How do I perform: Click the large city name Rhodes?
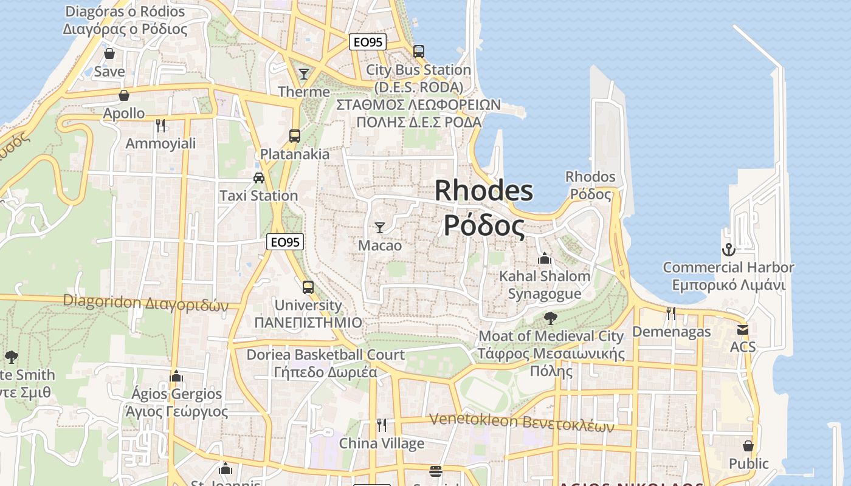tap(484, 191)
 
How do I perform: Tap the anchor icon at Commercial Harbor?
tap(728, 249)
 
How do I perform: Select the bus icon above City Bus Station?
tap(418, 51)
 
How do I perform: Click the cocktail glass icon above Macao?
tap(380, 228)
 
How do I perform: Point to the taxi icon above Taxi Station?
tap(259, 178)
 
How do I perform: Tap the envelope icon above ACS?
tap(743, 329)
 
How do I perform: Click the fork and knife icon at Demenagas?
tap(671, 313)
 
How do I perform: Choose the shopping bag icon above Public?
tap(748, 446)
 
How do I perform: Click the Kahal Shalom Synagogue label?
tap(544, 285)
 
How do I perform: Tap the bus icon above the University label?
tap(308, 287)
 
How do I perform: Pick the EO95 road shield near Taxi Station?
tap(285, 242)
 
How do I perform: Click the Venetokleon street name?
tap(522, 422)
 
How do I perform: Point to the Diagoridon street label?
tap(145, 302)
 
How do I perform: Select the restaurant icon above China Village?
tap(382, 425)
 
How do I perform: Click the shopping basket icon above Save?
tap(109, 53)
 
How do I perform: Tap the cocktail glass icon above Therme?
tap(304, 74)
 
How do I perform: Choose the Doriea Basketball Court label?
tap(325, 363)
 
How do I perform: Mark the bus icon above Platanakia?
tap(295, 136)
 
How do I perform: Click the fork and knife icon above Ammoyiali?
tap(160, 126)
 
